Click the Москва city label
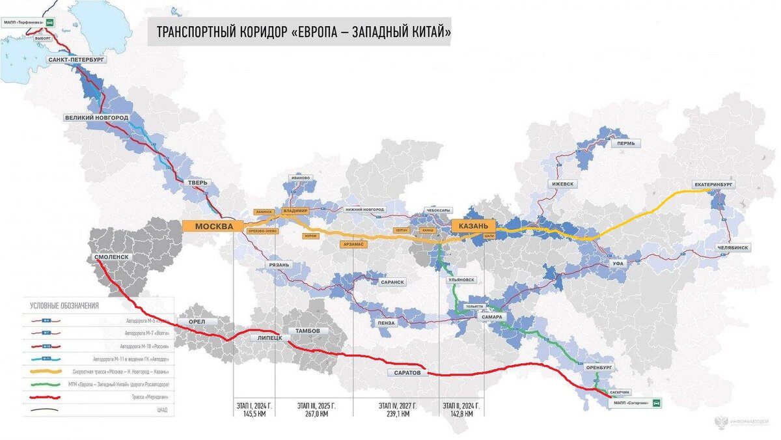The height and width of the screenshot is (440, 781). [x=214, y=227]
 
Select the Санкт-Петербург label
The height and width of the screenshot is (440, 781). [x=76, y=59]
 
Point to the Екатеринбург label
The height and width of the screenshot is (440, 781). [x=713, y=185]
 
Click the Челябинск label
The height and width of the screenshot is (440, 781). [x=733, y=248]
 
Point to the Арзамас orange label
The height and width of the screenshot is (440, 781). [x=353, y=244]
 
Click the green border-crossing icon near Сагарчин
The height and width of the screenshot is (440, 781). [x=657, y=404]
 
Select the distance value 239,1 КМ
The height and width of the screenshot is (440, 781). [x=398, y=413]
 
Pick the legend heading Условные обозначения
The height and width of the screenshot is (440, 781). [x=64, y=305]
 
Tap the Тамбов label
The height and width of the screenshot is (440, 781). [x=308, y=331]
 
